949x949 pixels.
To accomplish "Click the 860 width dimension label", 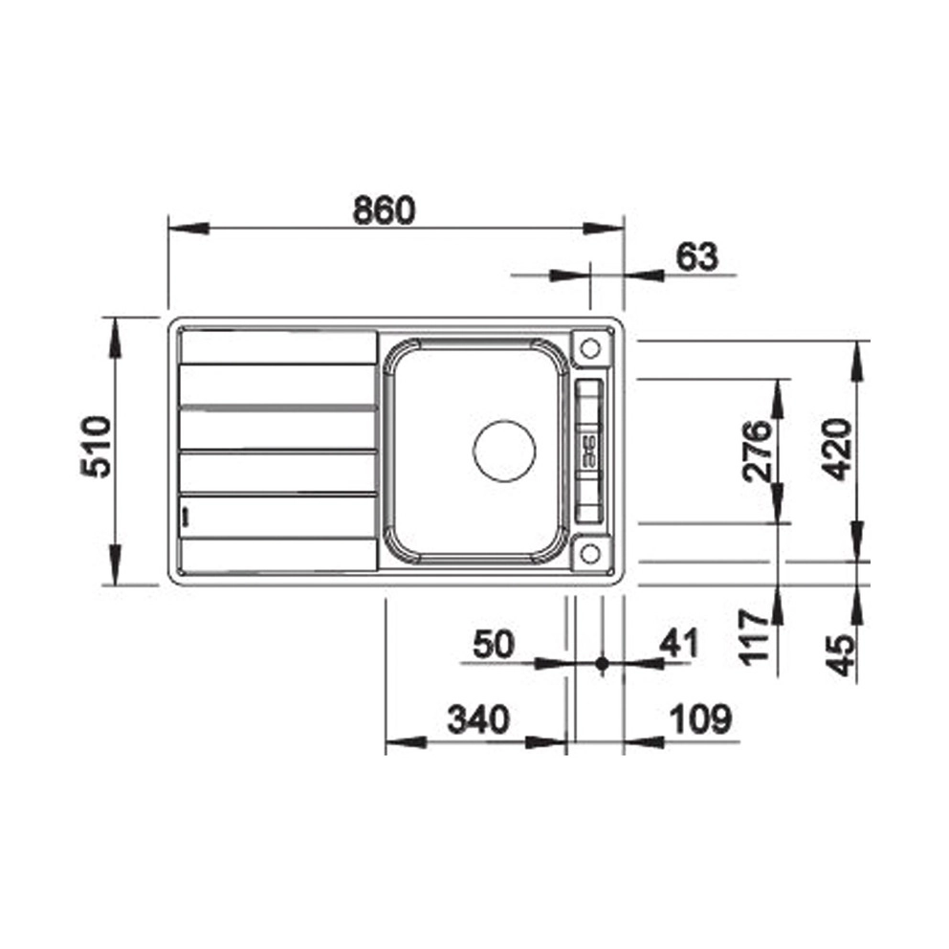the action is pyautogui.click(x=385, y=210).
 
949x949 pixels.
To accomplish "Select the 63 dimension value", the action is pyautogui.click(x=696, y=256).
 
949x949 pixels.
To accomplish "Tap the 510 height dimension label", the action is pyautogui.click(x=97, y=447).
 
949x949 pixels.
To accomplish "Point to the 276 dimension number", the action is pyautogui.click(x=757, y=452).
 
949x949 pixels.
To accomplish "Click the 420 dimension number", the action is pyautogui.click(x=839, y=450).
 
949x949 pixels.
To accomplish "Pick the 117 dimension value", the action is pyautogui.click(x=754, y=637).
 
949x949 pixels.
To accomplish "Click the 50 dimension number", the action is pyautogui.click(x=494, y=644).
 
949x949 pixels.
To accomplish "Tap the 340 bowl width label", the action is pyautogui.click(x=478, y=719).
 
